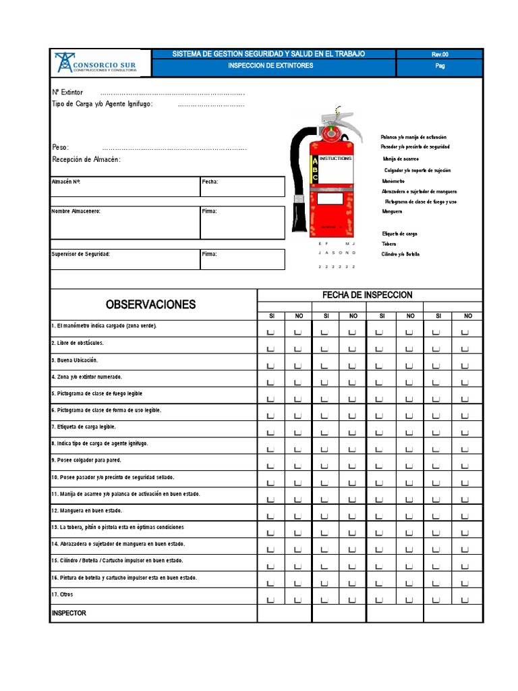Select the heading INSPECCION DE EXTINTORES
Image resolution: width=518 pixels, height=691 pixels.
pyautogui.click(x=270, y=66)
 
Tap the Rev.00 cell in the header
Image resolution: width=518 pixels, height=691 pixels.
pyautogui.click(x=439, y=54)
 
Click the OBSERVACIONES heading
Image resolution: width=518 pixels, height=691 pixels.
pyautogui.click(x=150, y=304)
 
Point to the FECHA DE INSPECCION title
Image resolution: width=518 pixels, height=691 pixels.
pyautogui.click(x=367, y=295)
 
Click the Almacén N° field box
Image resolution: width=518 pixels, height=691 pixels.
pyautogui.click(x=125, y=186)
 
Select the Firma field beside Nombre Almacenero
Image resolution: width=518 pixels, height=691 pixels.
pyautogui.click(x=242, y=222)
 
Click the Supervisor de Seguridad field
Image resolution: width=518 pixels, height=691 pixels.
pyautogui.click(x=125, y=259)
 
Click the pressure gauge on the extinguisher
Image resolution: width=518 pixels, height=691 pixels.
pyautogui.click(x=330, y=134)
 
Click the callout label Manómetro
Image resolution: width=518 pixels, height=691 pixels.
pyautogui.click(x=393, y=181)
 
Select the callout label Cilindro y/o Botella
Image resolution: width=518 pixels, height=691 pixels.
pyautogui.click(x=401, y=254)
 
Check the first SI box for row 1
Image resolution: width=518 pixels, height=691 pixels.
pyautogui.click(x=270, y=332)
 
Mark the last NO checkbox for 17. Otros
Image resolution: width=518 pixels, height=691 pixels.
pyautogui.click(x=464, y=600)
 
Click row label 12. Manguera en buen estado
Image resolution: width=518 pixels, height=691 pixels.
pyautogui.click(x=86, y=511)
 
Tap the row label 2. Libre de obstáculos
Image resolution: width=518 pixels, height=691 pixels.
pyautogui.click(x=78, y=343)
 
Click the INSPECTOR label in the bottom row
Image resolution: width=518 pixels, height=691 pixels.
pyautogui.click(x=69, y=613)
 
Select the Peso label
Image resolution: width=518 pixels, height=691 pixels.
pyautogui.click(x=61, y=147)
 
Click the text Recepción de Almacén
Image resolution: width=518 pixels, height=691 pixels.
pyautogui.click(x=86, y=159)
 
